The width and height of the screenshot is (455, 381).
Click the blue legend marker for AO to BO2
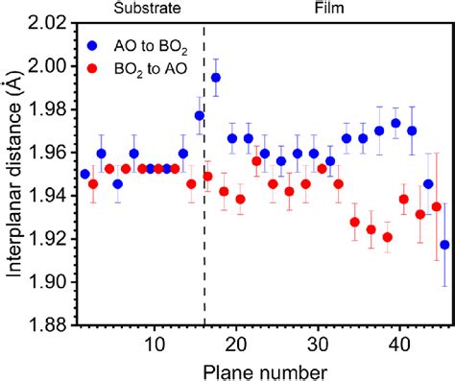(x=91, y=44)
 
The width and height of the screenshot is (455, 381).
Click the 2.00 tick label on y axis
(x=49, y=66)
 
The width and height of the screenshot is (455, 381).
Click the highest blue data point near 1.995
(x=216, y=77)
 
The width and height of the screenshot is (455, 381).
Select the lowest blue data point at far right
(x=444, y=245)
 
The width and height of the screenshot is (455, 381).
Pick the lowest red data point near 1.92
(x=388, y=237)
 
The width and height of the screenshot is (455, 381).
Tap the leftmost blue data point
(x=85, y=174)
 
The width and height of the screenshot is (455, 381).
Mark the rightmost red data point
(x=437, y=206)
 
